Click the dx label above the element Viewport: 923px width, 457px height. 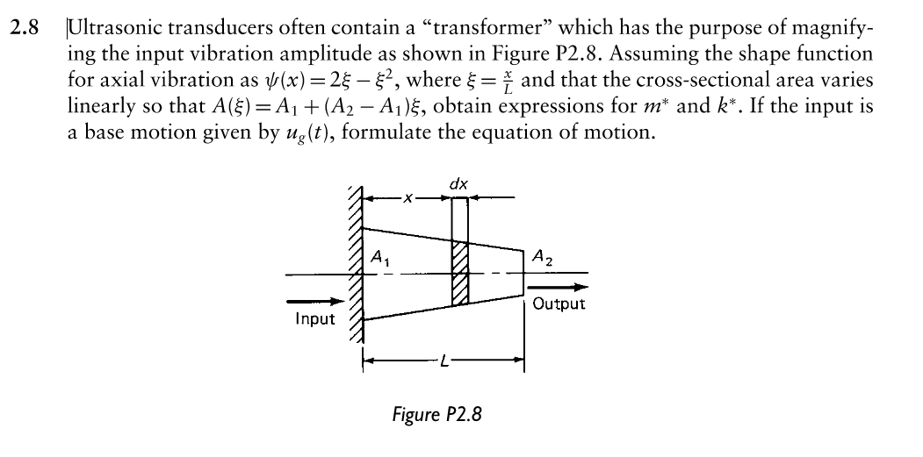(x=458, y=185)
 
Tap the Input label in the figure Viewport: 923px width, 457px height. (x=314, y=318)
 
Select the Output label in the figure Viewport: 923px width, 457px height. (x=558, y=303)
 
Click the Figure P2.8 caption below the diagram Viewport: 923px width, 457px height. (x=436, y=414)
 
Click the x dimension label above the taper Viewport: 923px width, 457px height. (x=407, y=201)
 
